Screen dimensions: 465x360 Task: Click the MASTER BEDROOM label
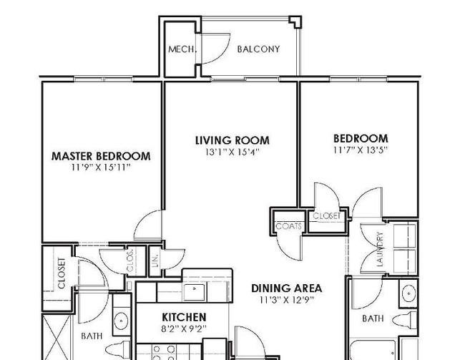tap(101, 156)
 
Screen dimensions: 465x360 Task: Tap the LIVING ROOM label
tap(232, 140)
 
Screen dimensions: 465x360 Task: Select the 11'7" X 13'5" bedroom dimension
tap(361, 150)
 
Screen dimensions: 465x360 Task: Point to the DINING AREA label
tap(286, 288)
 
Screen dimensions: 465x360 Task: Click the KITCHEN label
tap(184, 317)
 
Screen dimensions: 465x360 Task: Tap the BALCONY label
tap(258, 49)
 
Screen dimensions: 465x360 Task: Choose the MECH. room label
tap(182, 49)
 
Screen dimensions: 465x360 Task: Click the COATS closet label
tap(288, 226)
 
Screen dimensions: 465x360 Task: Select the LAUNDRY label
tap(380, 249)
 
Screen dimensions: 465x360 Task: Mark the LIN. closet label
tap(155, 261)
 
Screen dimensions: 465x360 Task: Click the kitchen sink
tap(194, 292)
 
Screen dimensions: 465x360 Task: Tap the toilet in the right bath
tap(404, 320)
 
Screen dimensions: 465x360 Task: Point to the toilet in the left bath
tap(118, 349)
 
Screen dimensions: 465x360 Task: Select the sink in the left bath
tap(122, 321)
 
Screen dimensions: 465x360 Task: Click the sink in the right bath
tap(408, 293)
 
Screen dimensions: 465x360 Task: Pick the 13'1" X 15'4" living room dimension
tap(232, 152)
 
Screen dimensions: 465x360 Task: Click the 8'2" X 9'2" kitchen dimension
tap(184, 329)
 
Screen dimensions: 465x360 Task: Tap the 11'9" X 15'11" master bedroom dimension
tap(101, 167)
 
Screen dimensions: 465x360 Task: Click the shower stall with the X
tap(57, 337)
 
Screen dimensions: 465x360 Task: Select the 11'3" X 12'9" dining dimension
tap(286, 300)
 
